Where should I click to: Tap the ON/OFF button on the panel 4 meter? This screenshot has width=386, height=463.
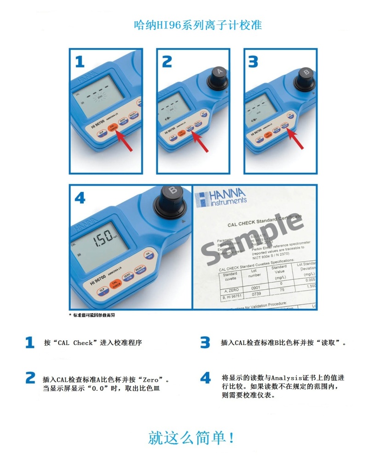pyautogui.click(x=148, y=255)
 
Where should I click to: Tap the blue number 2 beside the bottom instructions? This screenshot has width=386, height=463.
pyautogui.click(x=30, y=378)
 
